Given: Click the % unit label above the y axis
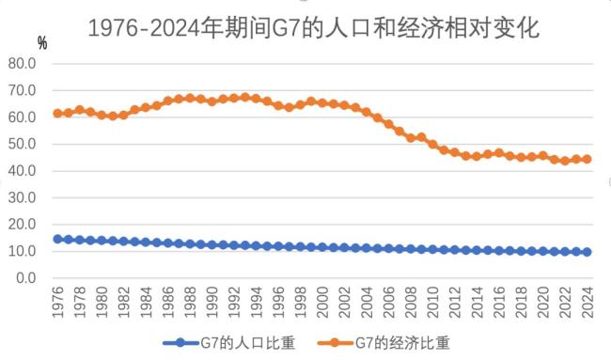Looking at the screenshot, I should pyautogui.click(x=42, y=44).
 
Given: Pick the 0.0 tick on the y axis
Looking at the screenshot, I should pyautogui.click(x=25, y=279).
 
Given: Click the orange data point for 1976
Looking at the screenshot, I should pyautogui.click(x=58, y=113).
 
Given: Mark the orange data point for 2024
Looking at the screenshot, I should pyautogui.click(x=587, y=159).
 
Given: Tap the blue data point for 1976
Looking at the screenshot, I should pyautogui.click(x=58, y=239).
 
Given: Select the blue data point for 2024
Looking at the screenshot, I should pyautogui.click(x=587, y=252).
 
